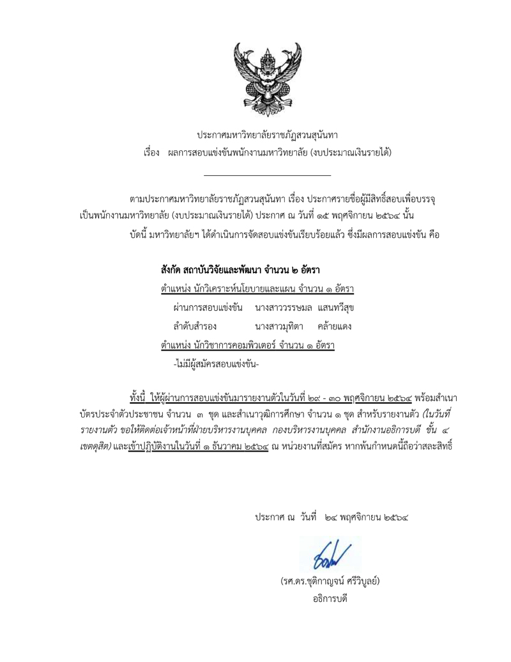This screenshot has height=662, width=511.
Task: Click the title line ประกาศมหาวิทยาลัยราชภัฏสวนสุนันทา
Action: (x=268, y=136)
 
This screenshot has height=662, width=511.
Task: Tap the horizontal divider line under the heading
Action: (x=268, y=175)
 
